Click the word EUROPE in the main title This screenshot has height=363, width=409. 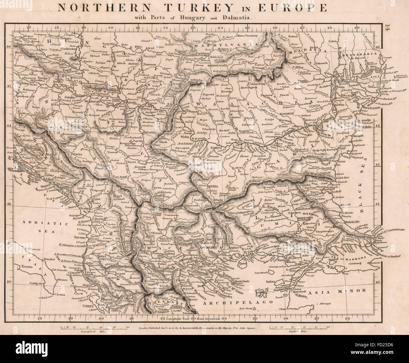pos(294,8)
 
